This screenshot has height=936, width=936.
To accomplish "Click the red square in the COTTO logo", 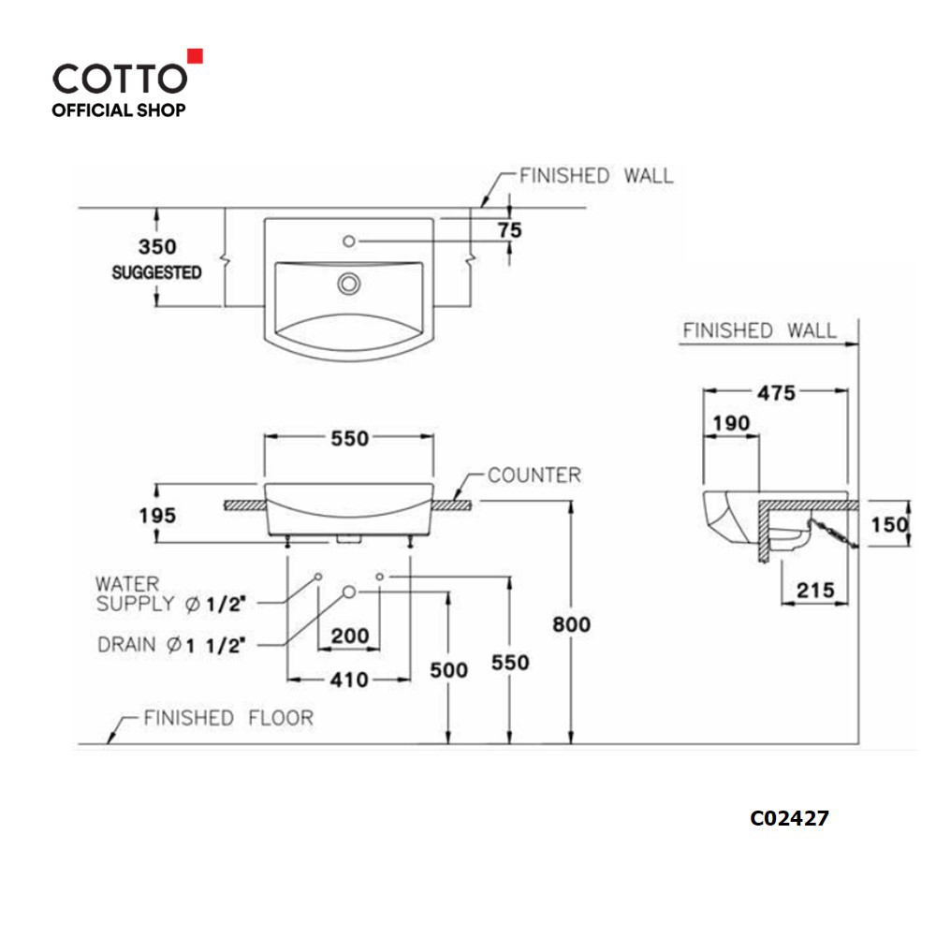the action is click(x=196, y=56).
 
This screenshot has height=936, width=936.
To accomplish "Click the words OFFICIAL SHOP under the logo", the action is click(x=118, y=110).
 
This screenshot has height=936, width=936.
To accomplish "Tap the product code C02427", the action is click(x=789, y=818).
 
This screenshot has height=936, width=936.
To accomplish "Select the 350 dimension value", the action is click(x=157, y=246).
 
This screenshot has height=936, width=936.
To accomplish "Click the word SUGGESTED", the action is click(x=156, y=272).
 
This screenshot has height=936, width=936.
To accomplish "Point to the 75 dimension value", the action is click(x=510, y=230).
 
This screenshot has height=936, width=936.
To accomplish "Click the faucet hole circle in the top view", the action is click(x=349, y=241).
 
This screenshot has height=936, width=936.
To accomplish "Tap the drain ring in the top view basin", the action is click(x=348, y=284).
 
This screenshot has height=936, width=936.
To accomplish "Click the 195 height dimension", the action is click(x=157, y=515).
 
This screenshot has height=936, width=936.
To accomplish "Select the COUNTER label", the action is click(x=534, y=475).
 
